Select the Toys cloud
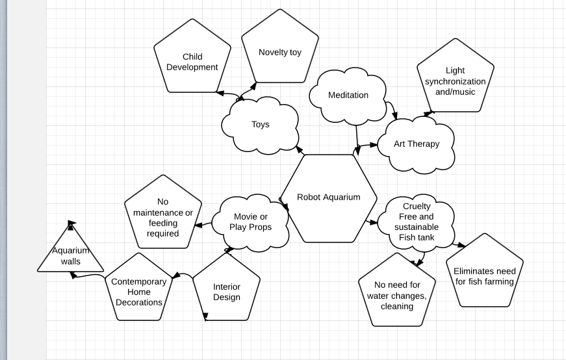(260, 124)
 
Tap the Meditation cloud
(348, 96)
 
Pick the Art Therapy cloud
(416, 144)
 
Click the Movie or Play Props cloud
(250, 222)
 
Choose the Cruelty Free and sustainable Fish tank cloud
(416, 222)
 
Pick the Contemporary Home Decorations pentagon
(138, 291)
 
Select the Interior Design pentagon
(226, 289)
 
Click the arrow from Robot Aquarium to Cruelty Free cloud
(372, 222)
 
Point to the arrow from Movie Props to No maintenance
(203, 225)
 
